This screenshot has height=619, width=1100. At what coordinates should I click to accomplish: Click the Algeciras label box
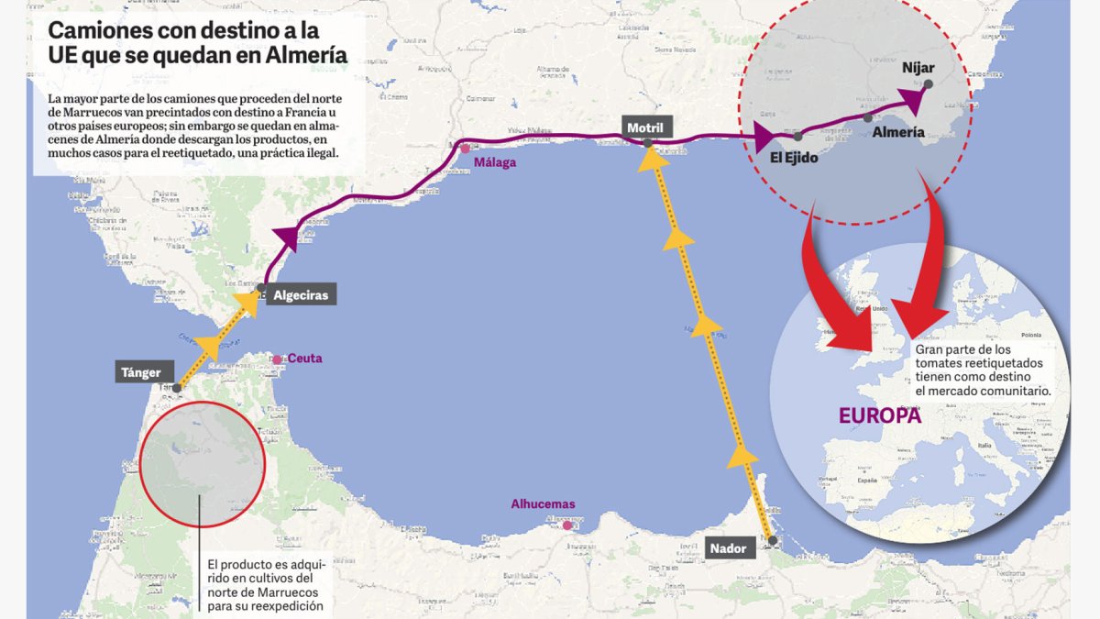coord(300,295)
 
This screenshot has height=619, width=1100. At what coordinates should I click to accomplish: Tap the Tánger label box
coord(141,372)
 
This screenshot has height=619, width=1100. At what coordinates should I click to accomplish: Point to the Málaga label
coord(495,162)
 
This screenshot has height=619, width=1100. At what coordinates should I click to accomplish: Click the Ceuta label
coord(305,359)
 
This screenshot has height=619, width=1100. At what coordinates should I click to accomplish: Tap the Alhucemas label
coord(544,503)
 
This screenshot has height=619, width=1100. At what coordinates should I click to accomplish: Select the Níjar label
coord(918,68)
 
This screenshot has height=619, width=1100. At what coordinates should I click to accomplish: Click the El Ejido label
coord(794,157)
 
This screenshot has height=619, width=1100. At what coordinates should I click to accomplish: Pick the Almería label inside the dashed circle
coord(898,132)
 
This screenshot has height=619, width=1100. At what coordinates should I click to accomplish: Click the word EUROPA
coord(880,415)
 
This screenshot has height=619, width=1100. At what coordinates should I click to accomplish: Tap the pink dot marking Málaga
coord(466,149)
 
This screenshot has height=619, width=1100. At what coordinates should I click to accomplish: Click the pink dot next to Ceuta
coord(277,359)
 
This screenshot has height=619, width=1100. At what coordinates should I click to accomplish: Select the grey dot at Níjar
coord(929,84)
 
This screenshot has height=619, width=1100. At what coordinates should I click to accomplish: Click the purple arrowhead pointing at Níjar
coord(911,97)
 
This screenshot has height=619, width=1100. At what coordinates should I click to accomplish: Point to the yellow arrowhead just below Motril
coord(652,161)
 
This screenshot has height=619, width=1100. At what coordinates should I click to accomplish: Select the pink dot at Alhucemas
coord(568,525)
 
